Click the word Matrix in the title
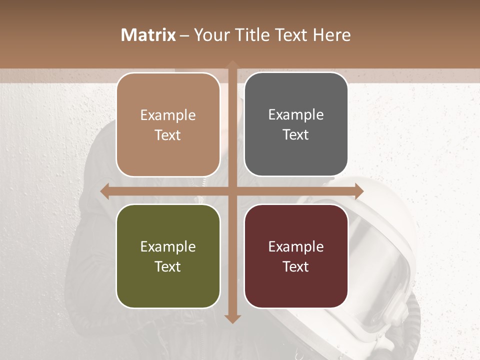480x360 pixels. [x=148, y=35]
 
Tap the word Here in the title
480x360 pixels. [x=331, y=35]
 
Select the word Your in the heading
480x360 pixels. [x=211, y=35]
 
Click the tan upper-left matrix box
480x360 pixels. [x=168, y=124]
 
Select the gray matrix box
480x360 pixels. [x=296, y=124]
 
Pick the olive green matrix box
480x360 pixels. [x=168, y=256]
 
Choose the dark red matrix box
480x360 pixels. [x=296, y=256]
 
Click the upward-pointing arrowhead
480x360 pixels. [x=232, y=65]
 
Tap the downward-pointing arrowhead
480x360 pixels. [x=232, y=318]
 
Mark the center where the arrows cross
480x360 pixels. [x=232, y=191]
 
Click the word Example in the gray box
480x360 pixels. [x=296, y=115]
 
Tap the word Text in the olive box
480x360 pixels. [x=167, y=266]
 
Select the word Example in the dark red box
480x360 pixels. [x=296, y=246]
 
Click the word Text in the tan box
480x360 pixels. [x=167, y=135]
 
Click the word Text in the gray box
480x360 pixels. [x=296, y=135]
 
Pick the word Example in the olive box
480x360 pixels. [x=168, y=246]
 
